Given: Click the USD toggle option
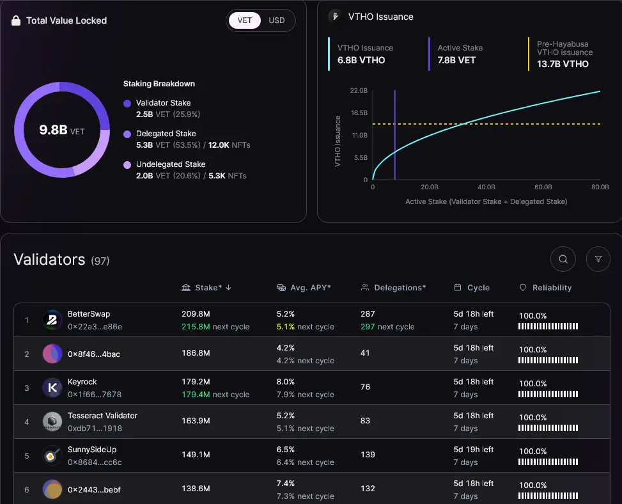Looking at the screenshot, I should pyautogui.click(x=276, y=20).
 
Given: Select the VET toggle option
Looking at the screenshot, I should pyautogui.click(x=245, y=20).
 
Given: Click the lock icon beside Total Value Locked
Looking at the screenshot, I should pyautogui.click(x=16, y=20).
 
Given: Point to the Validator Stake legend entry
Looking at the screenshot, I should pyautogui.click(x=163, y=103).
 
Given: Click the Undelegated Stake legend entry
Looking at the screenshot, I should pyautogui.click(x=170, y=164).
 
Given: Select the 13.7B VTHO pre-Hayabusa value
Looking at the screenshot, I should pyautogui.click(x=563, y=64).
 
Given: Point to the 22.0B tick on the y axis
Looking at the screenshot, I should pyautogui.click(x=359, y=91).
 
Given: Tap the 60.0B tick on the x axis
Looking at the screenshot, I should pyautogui.click(x=543, y=187).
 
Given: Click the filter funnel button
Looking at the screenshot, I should pyautogui.click(x=598, y=259).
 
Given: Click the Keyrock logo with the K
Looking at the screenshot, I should pyautogui.click(x=52, y=388).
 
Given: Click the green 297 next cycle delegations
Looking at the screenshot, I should pyautogui.click(x=368, y=326).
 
